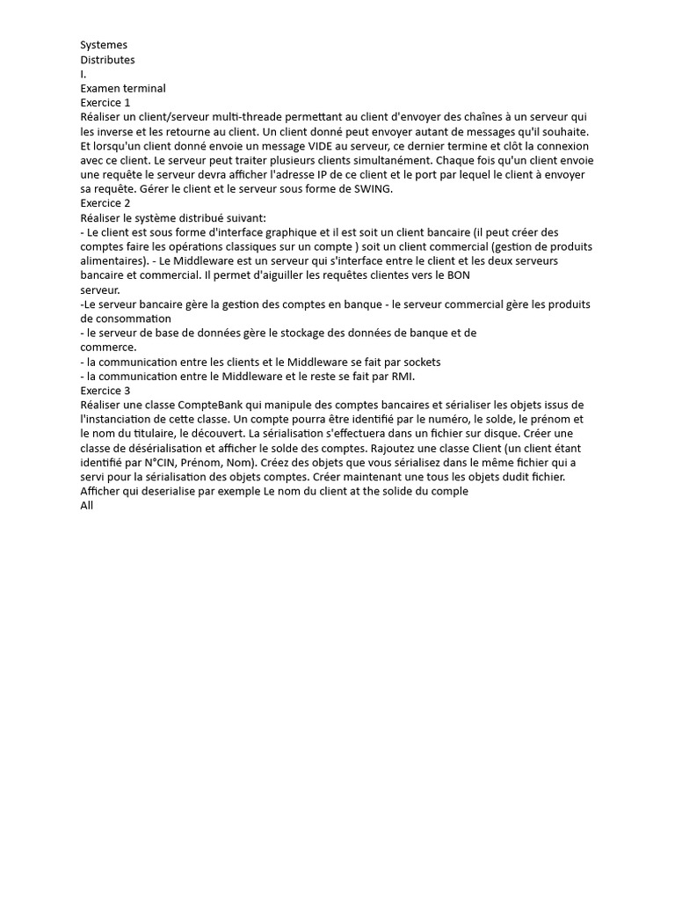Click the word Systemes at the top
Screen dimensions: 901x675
tap(104, 45)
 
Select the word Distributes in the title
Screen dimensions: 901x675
tap(107, 60)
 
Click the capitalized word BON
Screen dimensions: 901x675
tap(460, 275)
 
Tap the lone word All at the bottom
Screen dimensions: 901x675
tap(86, 505)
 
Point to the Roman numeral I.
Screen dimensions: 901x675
tap(83, 74)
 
